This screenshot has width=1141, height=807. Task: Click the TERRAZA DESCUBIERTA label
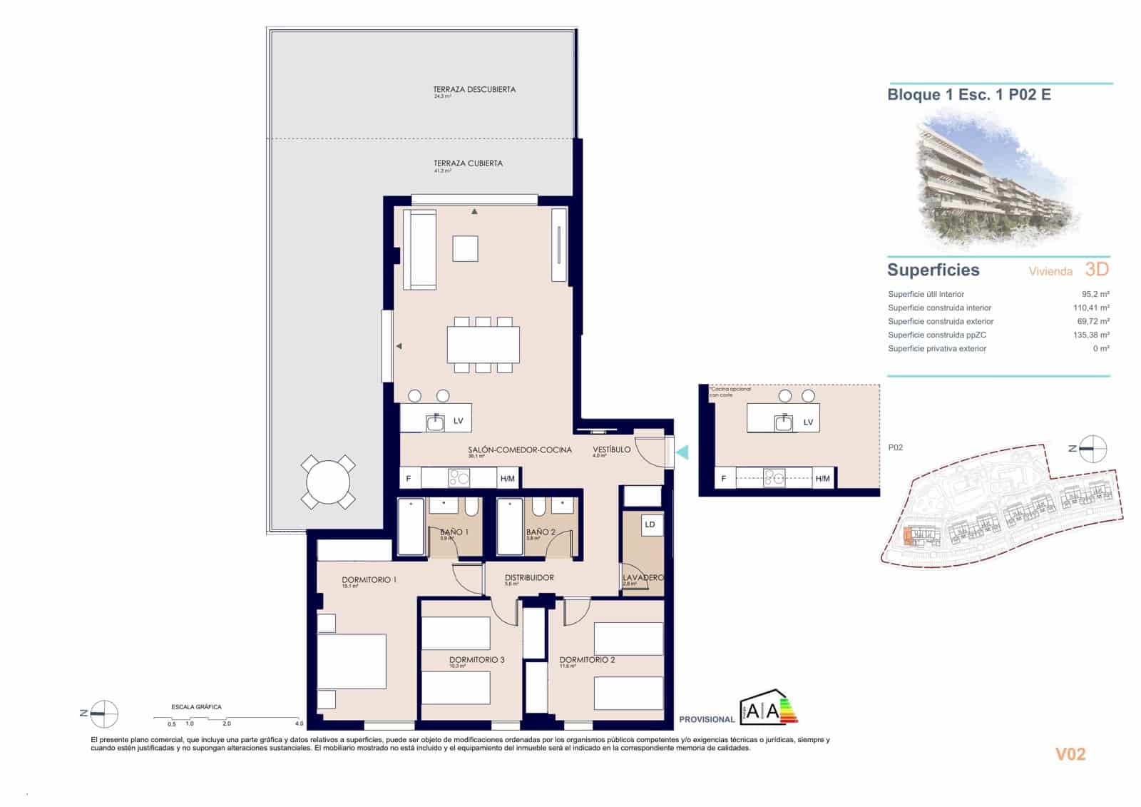pos(474,90)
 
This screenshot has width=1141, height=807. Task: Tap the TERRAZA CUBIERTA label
pos(468,163)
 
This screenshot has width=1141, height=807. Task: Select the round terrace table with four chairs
pos(328,482)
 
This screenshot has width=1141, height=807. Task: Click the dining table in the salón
pos(483,345)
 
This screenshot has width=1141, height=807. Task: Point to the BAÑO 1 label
pos(454,532)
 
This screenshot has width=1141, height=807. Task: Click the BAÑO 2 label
pos(541,532)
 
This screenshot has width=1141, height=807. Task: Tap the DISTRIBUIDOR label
pos(529,578)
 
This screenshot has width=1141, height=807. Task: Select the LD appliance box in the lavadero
pos(650,524)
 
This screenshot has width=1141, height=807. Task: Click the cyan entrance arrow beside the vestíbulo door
pos(682,452)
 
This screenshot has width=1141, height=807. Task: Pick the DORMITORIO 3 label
pos(476,660)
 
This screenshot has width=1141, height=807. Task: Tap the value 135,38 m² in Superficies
pos(1091,335)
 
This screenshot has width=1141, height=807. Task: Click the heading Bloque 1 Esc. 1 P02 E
pos(968,95)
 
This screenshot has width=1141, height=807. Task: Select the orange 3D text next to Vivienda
pos(1097,269)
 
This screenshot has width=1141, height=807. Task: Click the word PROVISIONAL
pos(707,719)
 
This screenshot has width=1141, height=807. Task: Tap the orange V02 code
pos(1070,754)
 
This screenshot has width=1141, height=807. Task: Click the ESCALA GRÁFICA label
pos(196,707)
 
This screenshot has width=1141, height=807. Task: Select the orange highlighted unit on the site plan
pos(907,536)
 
